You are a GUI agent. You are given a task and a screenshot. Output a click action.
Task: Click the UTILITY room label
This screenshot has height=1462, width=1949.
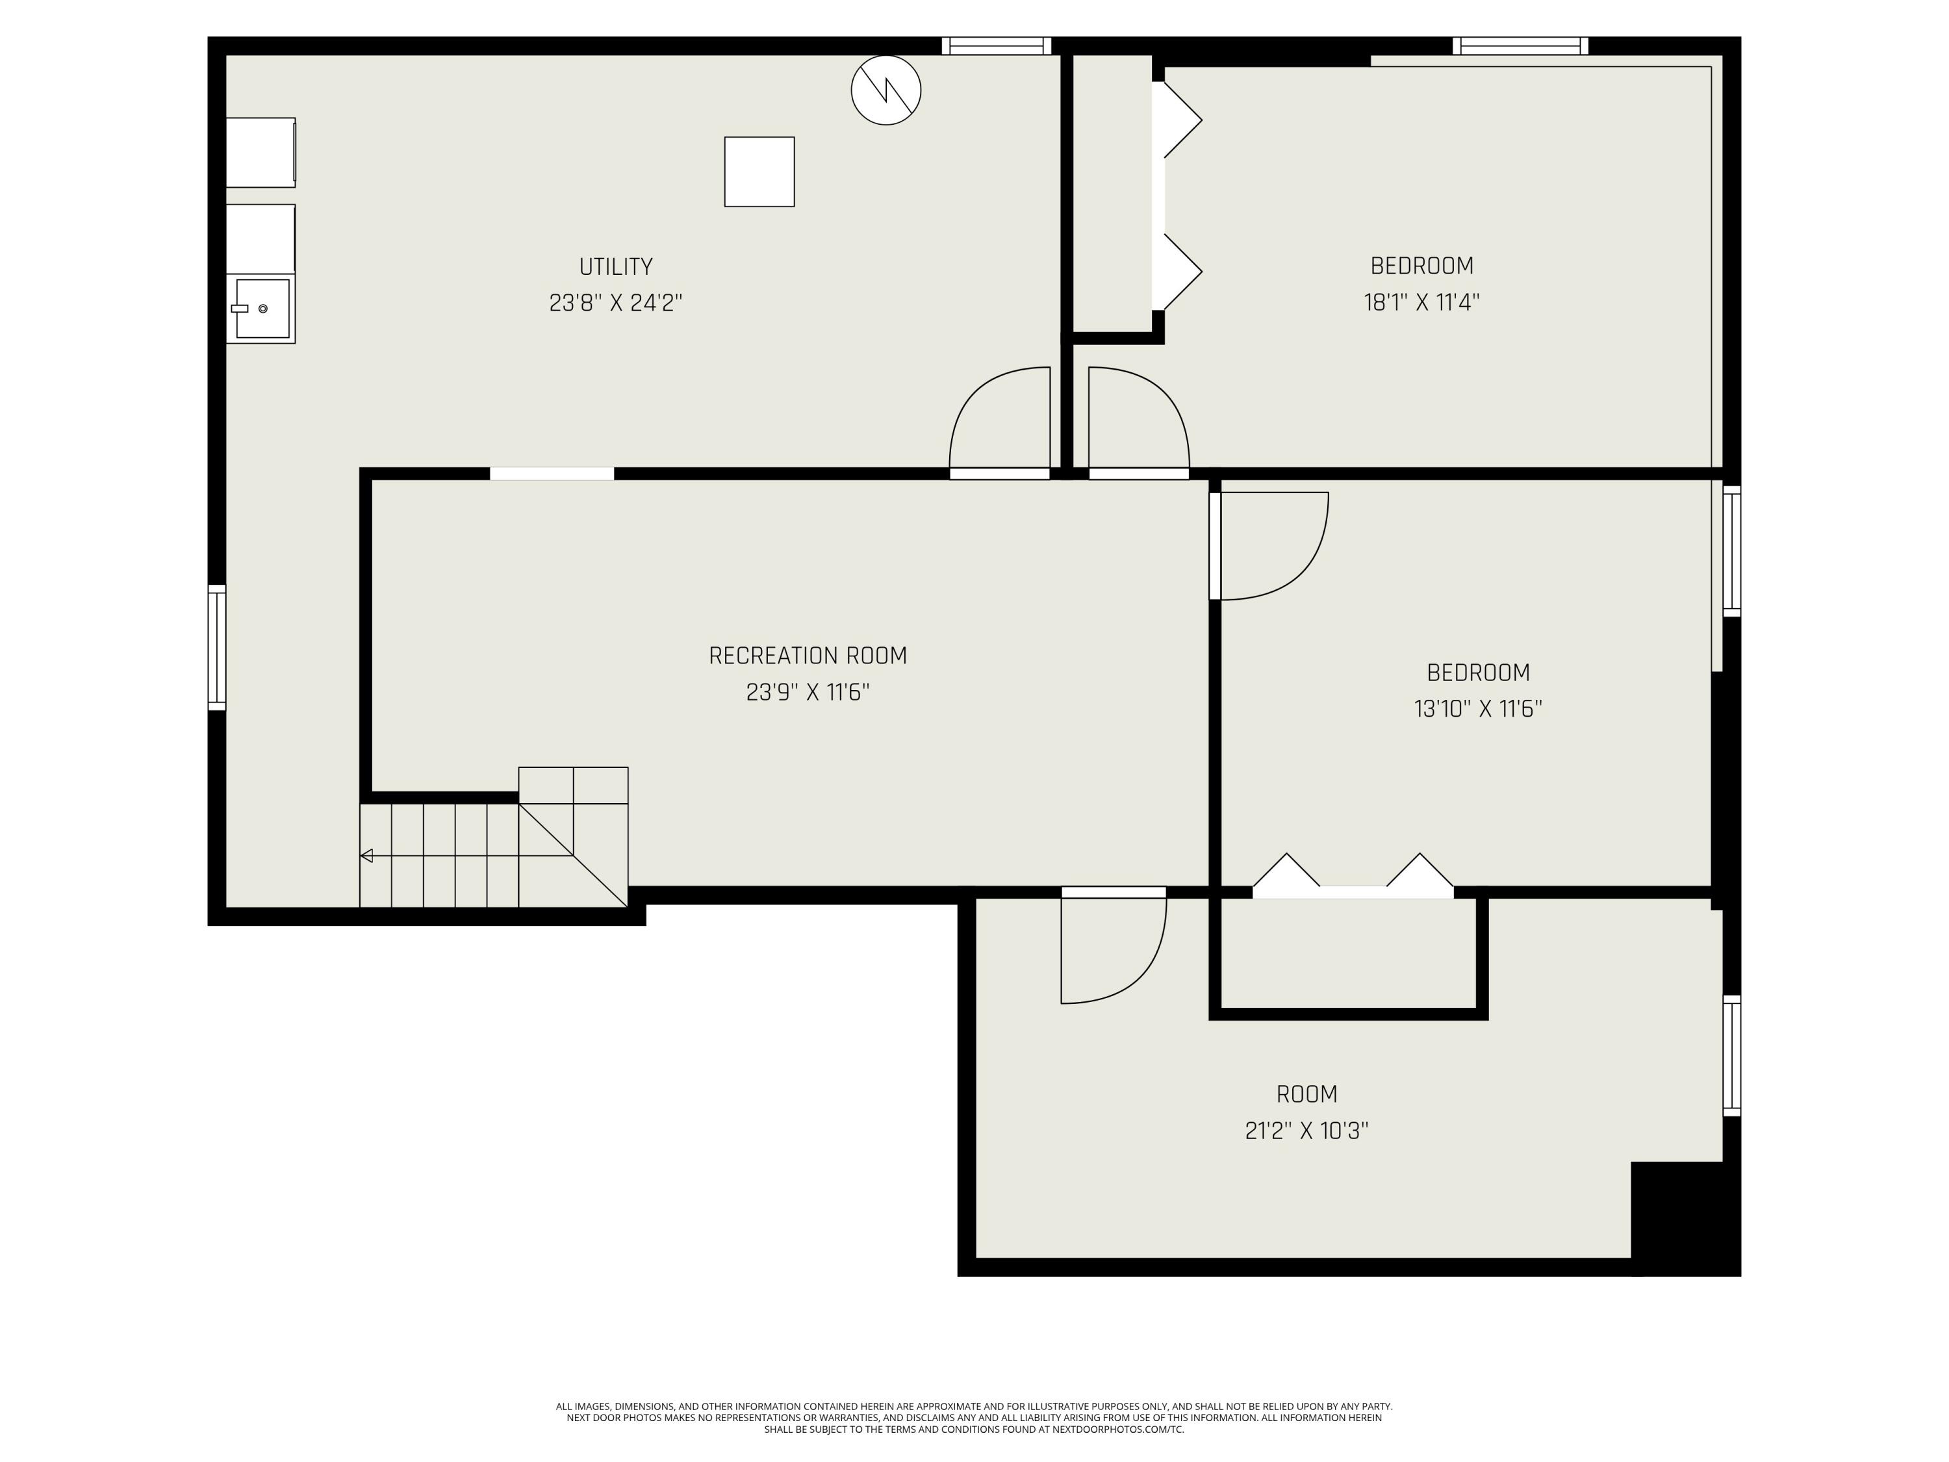[615, 266]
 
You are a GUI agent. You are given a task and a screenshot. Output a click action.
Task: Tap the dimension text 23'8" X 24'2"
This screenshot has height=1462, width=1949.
[615, 303]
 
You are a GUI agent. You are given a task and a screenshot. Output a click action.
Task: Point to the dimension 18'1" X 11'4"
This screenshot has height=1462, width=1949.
[1421, 302]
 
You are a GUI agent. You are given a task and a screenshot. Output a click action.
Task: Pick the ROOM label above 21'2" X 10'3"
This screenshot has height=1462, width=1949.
[1306, 1094]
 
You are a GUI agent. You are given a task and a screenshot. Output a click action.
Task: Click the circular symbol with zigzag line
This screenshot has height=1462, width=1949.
[885, 90]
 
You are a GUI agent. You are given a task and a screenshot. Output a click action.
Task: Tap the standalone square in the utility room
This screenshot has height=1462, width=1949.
[759, 172]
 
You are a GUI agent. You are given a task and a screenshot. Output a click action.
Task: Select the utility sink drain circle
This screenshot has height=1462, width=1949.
[262, 309]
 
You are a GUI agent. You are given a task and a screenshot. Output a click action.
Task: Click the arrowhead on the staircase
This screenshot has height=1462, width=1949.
[366, 856]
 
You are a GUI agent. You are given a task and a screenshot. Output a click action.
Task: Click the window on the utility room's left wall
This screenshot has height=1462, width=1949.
[217, 648]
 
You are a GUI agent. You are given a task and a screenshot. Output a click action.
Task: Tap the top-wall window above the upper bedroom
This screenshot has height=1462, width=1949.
[1520, 46]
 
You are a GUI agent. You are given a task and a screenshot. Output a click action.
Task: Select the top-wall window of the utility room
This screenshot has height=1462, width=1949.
[996, 46]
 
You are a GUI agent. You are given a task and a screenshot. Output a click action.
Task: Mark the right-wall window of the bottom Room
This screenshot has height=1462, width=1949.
[1731, 1056]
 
